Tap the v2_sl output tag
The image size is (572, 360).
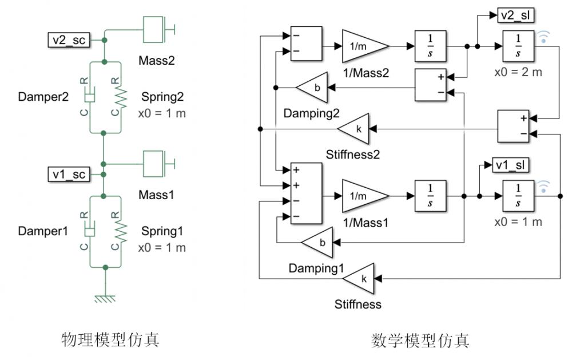[515, 15]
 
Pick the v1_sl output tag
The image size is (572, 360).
[510, 165]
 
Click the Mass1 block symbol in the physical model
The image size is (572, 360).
[154, 164]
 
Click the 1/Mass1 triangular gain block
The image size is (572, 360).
[364, 196]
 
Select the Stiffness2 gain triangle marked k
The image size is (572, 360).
[355, 129]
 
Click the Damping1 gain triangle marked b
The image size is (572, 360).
[318, 243]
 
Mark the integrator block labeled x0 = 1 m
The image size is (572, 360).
[518, 196]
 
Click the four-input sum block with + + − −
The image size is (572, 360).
[305, 193]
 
